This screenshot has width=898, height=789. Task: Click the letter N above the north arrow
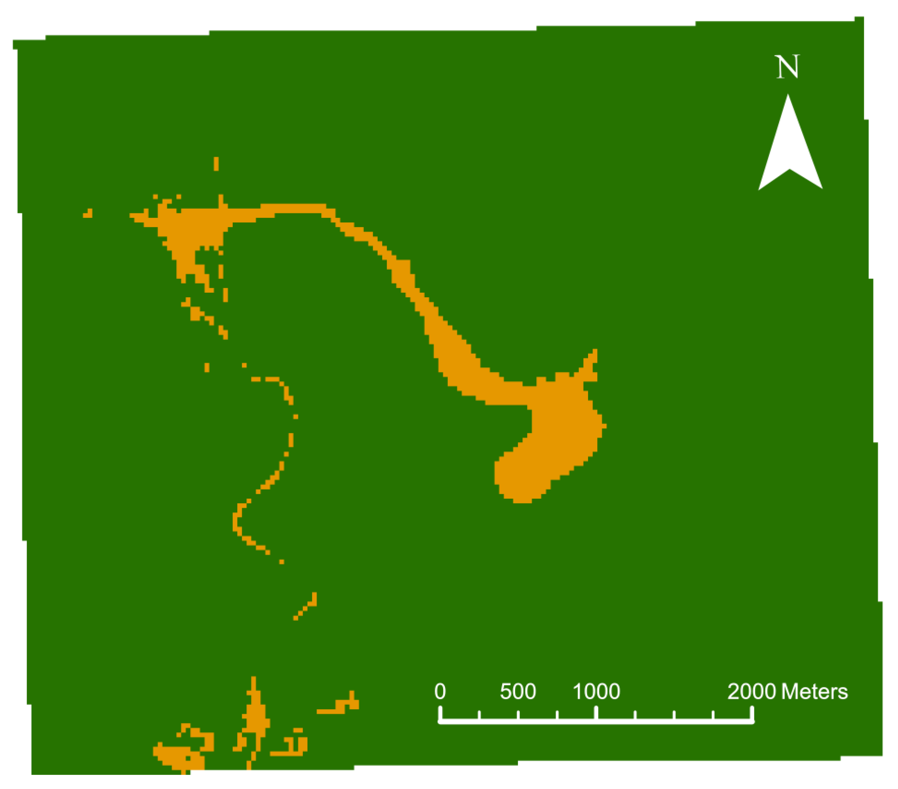click(x=787, y=67)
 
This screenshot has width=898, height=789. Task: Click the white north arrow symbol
click(x=789, y=150)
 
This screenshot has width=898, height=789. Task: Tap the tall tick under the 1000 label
click(x=596, y=712)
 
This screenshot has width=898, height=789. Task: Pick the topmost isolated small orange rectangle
click(x=216, y=163)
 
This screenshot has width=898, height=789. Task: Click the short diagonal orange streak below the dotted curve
click(x=306, y=607)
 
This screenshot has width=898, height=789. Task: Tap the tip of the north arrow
click(x=788, y=96)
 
